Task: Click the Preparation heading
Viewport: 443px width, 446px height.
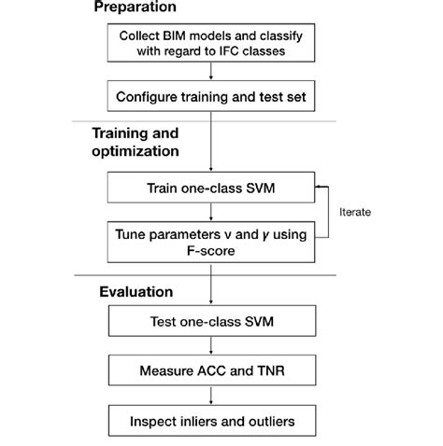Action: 135,7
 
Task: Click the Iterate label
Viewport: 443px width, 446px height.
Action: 354,213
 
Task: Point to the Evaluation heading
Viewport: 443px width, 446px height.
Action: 136,292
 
